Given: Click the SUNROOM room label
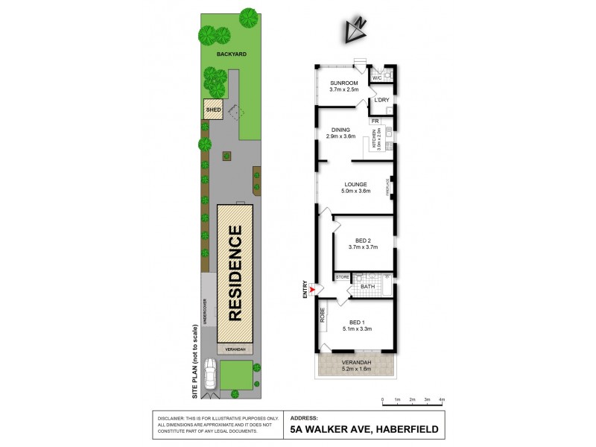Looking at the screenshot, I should (x=344, y=83).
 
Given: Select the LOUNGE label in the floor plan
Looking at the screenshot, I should (x=355, y=183).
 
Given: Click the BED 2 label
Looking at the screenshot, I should (x=364, y=241).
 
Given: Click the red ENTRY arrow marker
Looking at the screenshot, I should (x=313, y=289).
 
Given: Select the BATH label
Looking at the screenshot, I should (x=367, y=287).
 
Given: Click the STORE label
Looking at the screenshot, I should (x=343, y=277).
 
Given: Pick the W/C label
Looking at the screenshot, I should (x=377, y=77).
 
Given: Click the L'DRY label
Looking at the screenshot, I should (x=382, y=100).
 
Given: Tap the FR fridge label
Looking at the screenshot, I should (x=376, y=121).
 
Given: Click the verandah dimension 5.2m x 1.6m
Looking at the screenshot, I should (x=355, y=370).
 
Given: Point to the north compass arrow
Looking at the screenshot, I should (x=356, y=29).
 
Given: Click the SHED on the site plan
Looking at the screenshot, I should (x=214, y=110).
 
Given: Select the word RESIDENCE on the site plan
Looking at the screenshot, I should (x=235, y=273).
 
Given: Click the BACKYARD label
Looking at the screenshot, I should (x=232, y=54).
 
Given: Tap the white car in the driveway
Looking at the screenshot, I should (x=209, y=372).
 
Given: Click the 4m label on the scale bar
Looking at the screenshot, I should (x=442, y=401).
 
